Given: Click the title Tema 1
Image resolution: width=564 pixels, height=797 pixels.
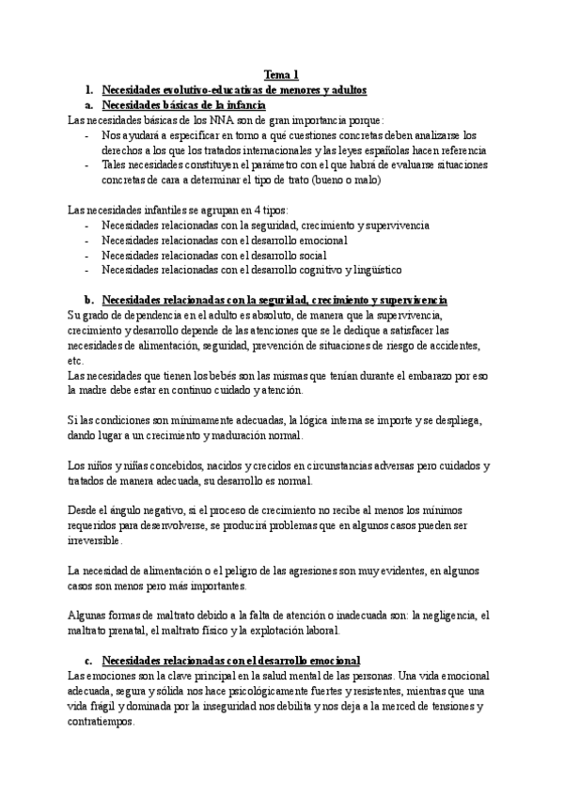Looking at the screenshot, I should [x=281, y=74].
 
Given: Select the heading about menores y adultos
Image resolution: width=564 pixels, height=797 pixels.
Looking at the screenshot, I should [x=233, y=89].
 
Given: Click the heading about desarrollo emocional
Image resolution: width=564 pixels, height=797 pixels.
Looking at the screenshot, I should [x=230, y=661].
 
